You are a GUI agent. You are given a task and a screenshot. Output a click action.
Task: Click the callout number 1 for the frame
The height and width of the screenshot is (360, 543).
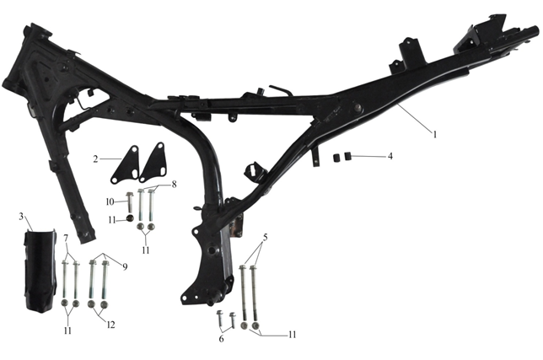point(435,134)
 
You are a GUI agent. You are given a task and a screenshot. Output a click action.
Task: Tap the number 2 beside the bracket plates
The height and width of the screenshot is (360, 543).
point(95,159)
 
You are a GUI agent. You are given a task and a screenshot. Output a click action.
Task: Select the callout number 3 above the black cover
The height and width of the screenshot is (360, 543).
point(21,217)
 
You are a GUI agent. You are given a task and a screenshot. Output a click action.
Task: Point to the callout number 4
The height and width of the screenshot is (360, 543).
point(390,156)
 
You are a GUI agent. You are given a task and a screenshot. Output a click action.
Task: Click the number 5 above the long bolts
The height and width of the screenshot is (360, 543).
point(266,238)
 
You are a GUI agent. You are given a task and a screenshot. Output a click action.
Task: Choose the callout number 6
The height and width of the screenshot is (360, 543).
point(221,339)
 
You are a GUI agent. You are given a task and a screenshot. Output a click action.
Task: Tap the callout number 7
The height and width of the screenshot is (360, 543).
point(66,238)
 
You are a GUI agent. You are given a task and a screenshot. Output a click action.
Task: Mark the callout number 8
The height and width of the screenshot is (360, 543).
point(174,184)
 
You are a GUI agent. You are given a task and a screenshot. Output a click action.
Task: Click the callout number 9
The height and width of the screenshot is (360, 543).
point(125,266)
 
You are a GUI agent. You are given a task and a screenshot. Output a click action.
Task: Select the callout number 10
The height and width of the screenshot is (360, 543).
point(110,201)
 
